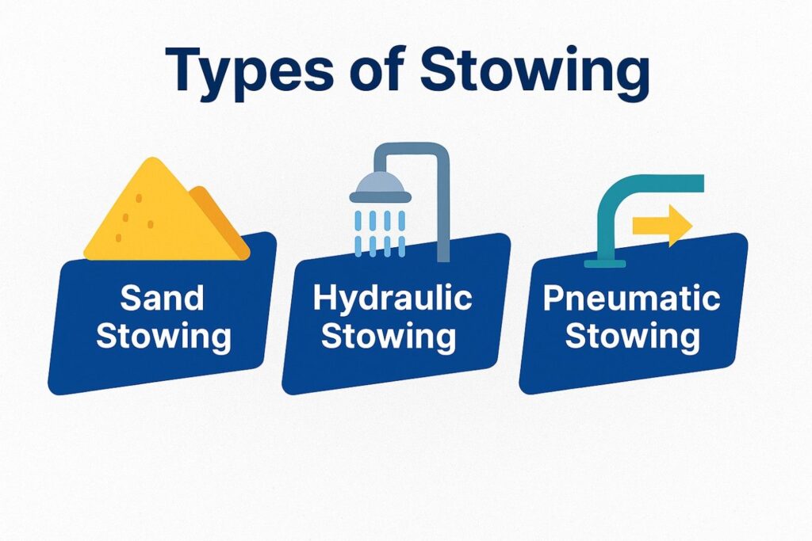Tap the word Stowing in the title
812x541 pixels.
point(534,72)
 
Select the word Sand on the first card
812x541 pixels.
point(162,299)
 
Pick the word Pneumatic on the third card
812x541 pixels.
point(631,299)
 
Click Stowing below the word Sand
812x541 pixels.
point(163,337)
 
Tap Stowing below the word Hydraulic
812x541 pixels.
point(389,337)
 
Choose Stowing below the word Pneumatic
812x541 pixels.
point(632,337)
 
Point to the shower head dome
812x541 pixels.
point(381,187)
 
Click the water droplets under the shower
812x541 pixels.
point(380,233)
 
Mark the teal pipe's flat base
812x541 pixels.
point(605,264)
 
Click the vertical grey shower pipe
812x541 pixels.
point(443,207)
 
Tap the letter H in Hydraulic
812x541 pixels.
point(324,298)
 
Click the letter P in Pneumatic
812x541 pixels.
point(553,299)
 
